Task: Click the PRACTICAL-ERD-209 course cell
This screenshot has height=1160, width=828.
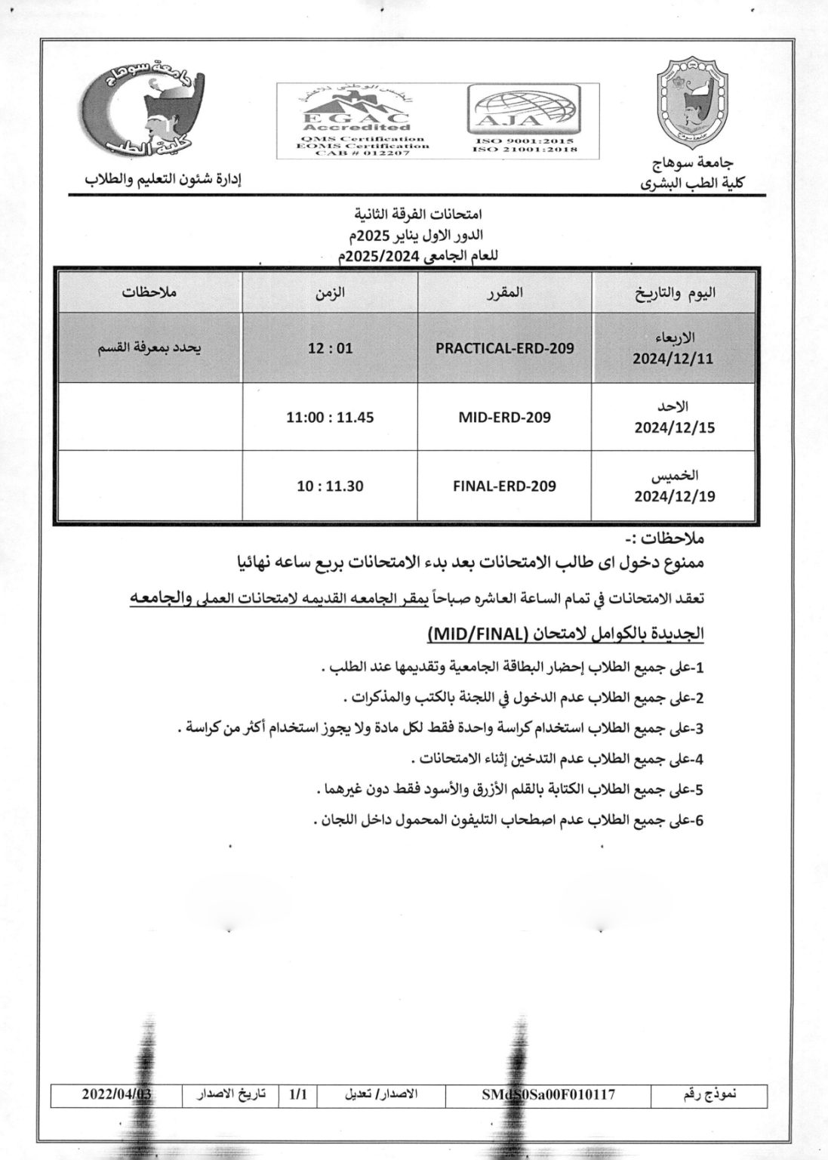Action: tap(504, 348)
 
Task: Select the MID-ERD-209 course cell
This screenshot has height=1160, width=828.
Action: tap(504, 417)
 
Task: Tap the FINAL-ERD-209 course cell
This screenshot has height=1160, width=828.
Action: tap(504, 486)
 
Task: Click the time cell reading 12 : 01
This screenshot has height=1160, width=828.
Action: tap(330, 348)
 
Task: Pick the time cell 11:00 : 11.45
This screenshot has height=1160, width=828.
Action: tap(330, 417)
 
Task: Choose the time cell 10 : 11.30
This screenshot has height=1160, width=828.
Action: tap(330, 486)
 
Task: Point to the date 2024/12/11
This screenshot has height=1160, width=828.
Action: tap(674, 359)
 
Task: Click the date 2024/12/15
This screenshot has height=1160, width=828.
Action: tap(674, 427)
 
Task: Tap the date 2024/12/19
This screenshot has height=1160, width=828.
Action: tap(674, 496)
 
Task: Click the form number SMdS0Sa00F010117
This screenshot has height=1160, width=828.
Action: tap(548, 1094)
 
